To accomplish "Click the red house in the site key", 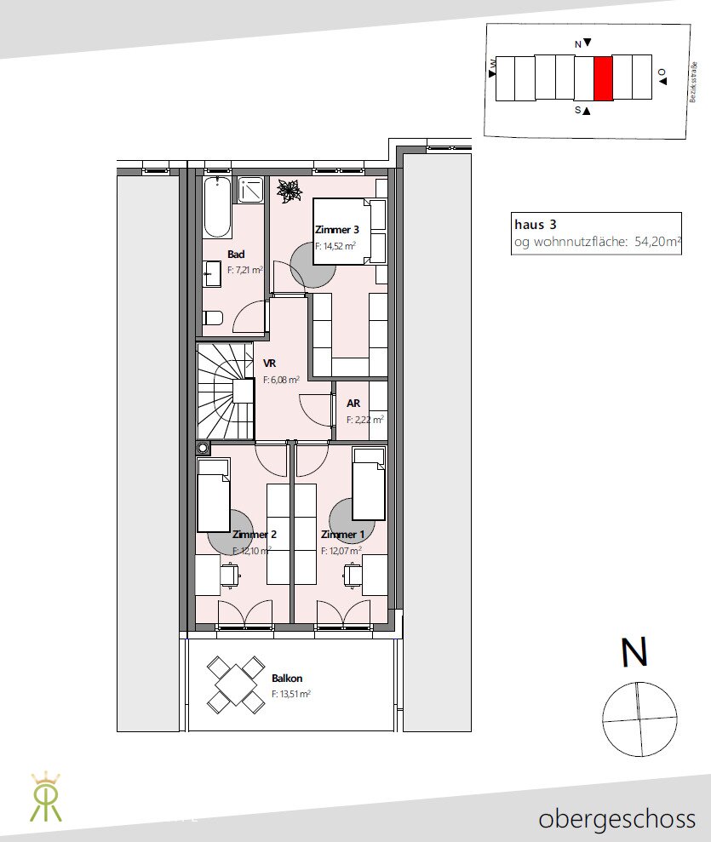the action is [603, 78].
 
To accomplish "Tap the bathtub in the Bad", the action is [217, 207].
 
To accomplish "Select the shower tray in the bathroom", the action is [251, 190].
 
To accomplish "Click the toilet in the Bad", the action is [213, 318].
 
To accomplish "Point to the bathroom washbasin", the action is [212, 274].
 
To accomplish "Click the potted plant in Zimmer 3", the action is [289, 191].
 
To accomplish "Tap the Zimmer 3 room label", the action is [336, 230].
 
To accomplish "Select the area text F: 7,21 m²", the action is [245, 270].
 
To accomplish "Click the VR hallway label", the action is [270, 364].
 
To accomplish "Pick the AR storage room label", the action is [353, 404].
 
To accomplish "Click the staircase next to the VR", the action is [226, 392].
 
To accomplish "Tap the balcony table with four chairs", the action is [236, 684].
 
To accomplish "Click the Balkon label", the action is [287, 679].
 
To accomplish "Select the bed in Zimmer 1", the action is [369, 484].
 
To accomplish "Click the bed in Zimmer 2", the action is [214, 495].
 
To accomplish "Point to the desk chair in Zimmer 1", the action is [352, 576].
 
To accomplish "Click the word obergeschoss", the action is [617, 820].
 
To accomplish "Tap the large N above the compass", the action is [634, 652].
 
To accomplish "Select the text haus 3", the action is [536, 225].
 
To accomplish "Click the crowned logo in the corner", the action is [46, 797].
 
